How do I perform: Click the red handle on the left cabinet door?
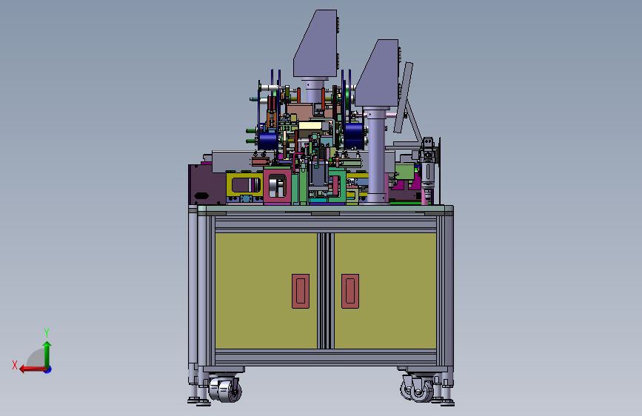[x=301, y=291]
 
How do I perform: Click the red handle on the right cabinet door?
[x=350, y=291]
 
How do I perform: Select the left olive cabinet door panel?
[x=266, y=291]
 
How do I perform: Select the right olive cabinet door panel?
[x=385, y=291]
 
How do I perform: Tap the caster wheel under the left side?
[x=225, y=390]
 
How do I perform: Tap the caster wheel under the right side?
[x=418, y=389]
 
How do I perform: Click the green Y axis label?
[x=47, y=332]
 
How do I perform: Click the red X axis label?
[x=15, y=365]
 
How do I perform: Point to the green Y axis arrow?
[x=47, y=355]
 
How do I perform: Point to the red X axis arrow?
[x=33, y=369]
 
